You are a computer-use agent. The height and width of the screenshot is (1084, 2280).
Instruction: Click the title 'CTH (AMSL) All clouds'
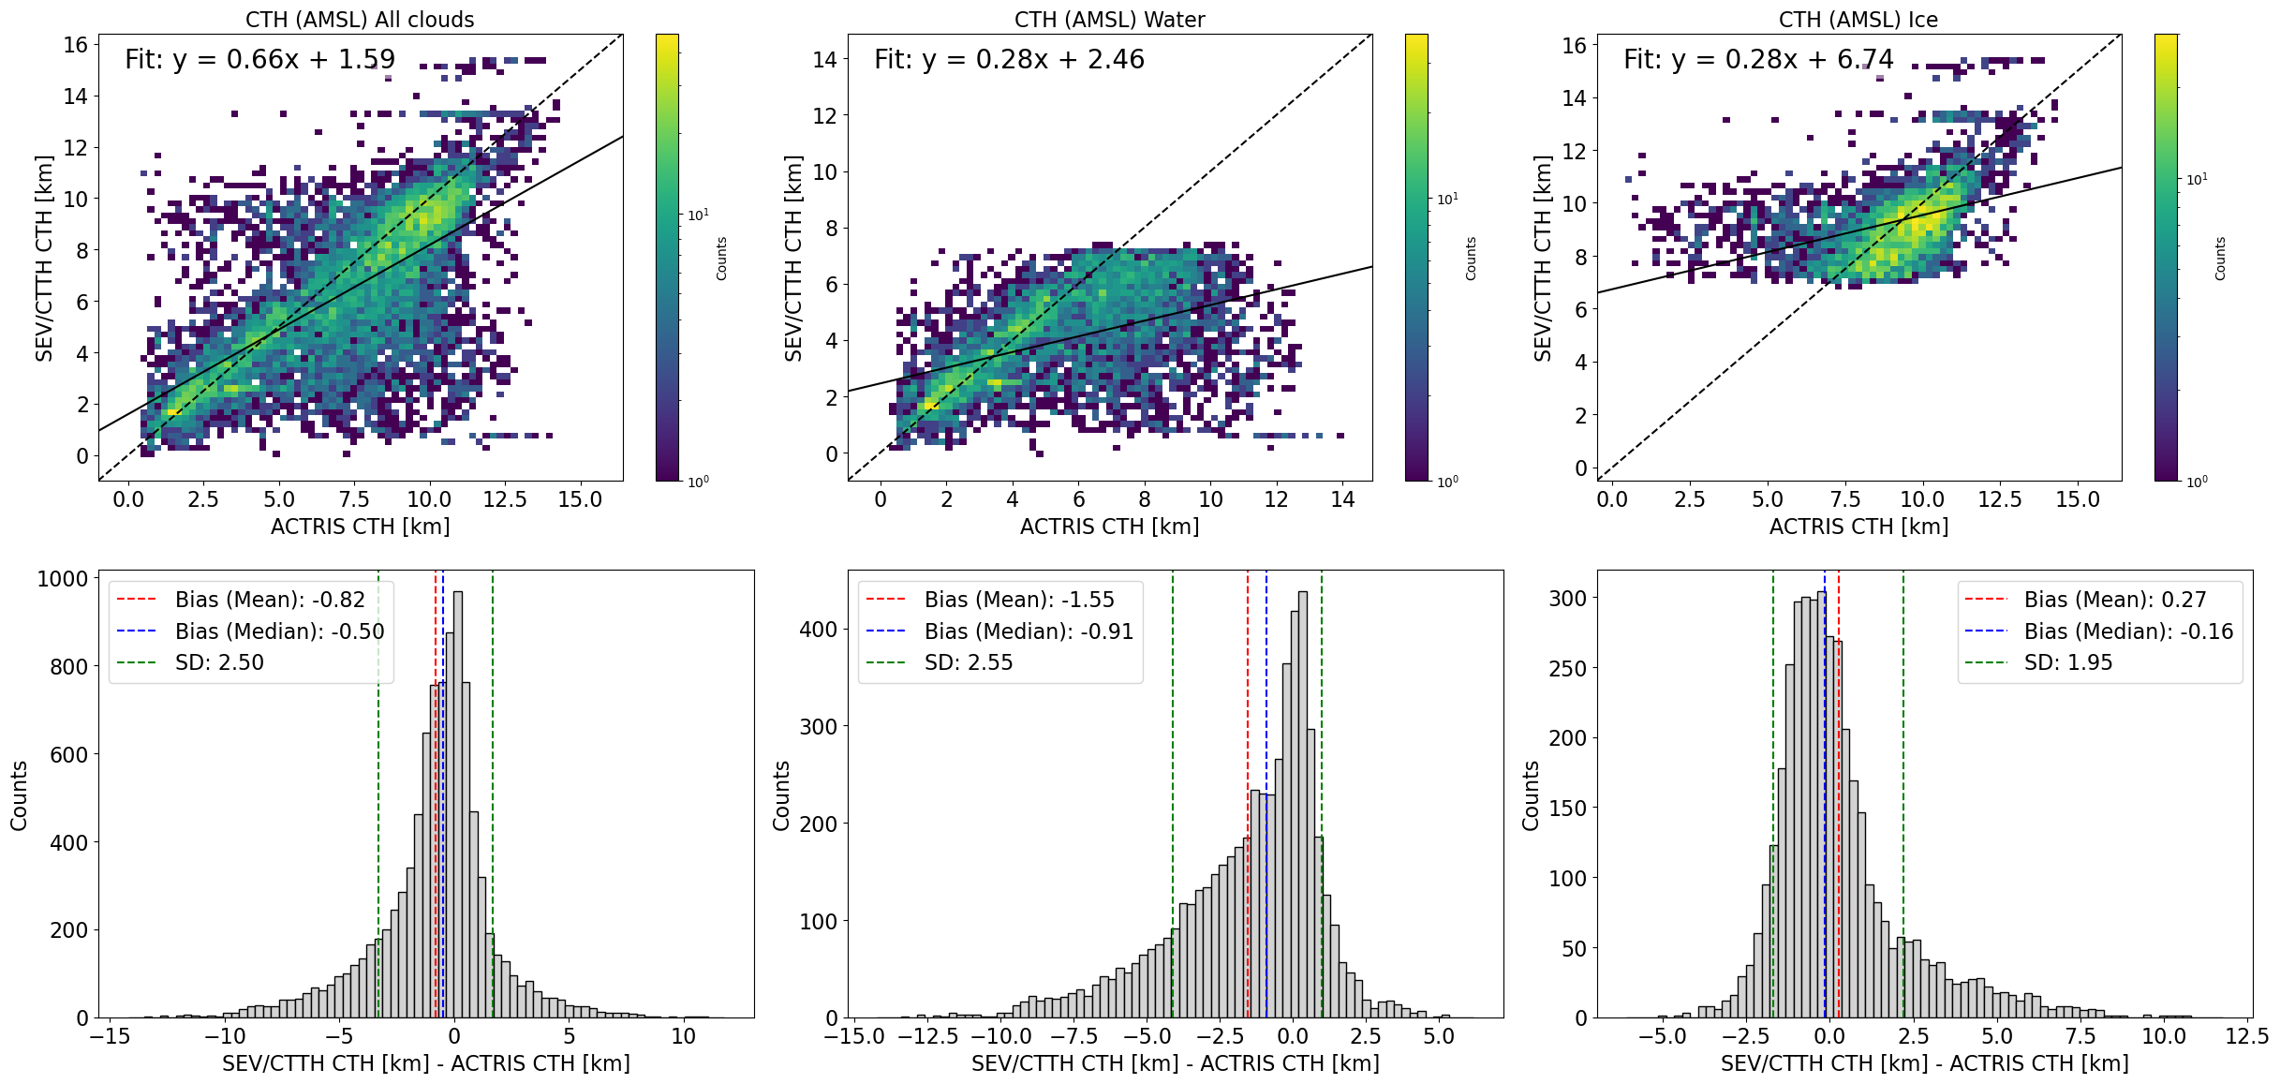tap(360, 20)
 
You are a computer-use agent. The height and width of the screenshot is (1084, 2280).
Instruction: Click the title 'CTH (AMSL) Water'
tap(1109, 20)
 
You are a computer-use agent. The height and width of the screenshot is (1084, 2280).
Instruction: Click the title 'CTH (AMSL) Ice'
tap(1858, 20)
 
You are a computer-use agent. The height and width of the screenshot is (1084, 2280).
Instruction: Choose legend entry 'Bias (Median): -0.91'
tap(1029, 631)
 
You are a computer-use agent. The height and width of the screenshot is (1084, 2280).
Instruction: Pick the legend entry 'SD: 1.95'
tap(2068, 662)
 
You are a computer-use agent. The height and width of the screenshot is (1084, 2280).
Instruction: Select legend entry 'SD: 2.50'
tap(219, 662)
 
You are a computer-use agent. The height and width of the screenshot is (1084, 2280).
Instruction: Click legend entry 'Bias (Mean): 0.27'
tap(2115, 600)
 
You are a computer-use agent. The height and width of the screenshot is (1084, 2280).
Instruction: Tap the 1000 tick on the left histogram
tap(63, 579)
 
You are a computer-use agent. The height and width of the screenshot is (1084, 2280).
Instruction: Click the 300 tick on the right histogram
tap(1567, 598)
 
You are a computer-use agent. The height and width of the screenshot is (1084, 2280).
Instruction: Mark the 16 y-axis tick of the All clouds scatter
tap(76, 45)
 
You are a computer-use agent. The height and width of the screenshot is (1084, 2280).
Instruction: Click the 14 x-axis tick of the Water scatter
tap(1342, 499)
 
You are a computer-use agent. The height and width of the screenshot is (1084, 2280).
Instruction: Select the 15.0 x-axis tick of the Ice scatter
tap(2078, 499)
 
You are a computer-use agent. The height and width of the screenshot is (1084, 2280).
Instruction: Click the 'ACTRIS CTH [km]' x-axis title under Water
tap(1109, 527)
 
